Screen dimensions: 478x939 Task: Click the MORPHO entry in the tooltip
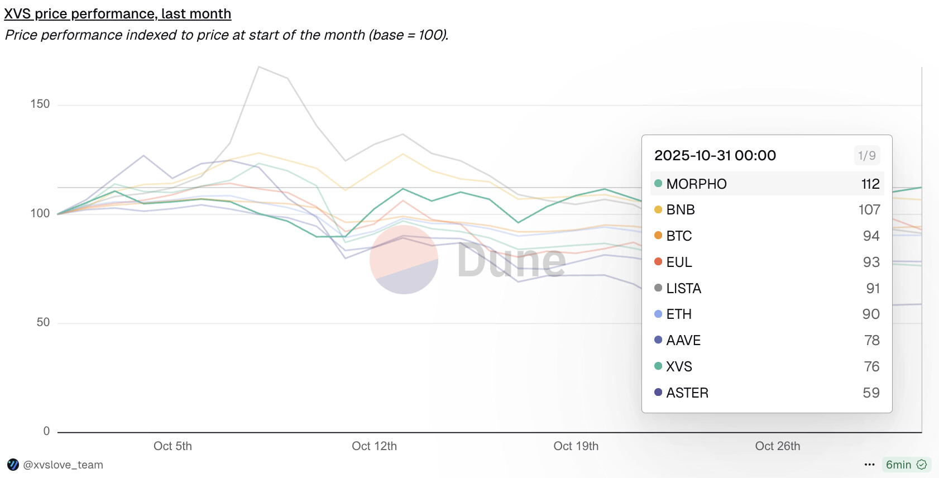[x=696, y=184]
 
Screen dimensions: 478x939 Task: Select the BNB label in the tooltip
[x=680, y=210]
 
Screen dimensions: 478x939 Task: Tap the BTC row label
[x=679, y=236]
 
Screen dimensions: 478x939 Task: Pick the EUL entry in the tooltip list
[x=679, y=262]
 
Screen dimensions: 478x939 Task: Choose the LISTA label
[x=683, y=289]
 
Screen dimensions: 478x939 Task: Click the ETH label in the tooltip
[x=679, y=314]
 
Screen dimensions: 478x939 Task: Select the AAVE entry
[x=683, y=341]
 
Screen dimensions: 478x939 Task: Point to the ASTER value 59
[x=871, y=393]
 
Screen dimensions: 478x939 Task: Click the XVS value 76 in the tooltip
[x=871, y=367]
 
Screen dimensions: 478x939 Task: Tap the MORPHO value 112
[x=870, y=184]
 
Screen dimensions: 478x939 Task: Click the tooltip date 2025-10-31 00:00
[x=715, y=155]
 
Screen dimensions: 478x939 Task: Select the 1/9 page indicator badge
[x=866, y=155]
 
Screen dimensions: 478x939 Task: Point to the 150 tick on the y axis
[x=40, y=104]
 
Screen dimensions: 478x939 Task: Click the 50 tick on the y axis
[x=43, y=322]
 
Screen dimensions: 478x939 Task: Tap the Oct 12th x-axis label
[x=374, y=446]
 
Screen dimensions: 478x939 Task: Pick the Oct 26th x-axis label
[x=777, y=446]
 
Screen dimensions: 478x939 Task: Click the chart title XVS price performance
[x=117, y=13]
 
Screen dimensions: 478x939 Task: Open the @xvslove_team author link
[x=63, y=465]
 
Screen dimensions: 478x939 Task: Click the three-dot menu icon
[x=869, y=465]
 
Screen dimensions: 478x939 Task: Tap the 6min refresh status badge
[x=906, y=465]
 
